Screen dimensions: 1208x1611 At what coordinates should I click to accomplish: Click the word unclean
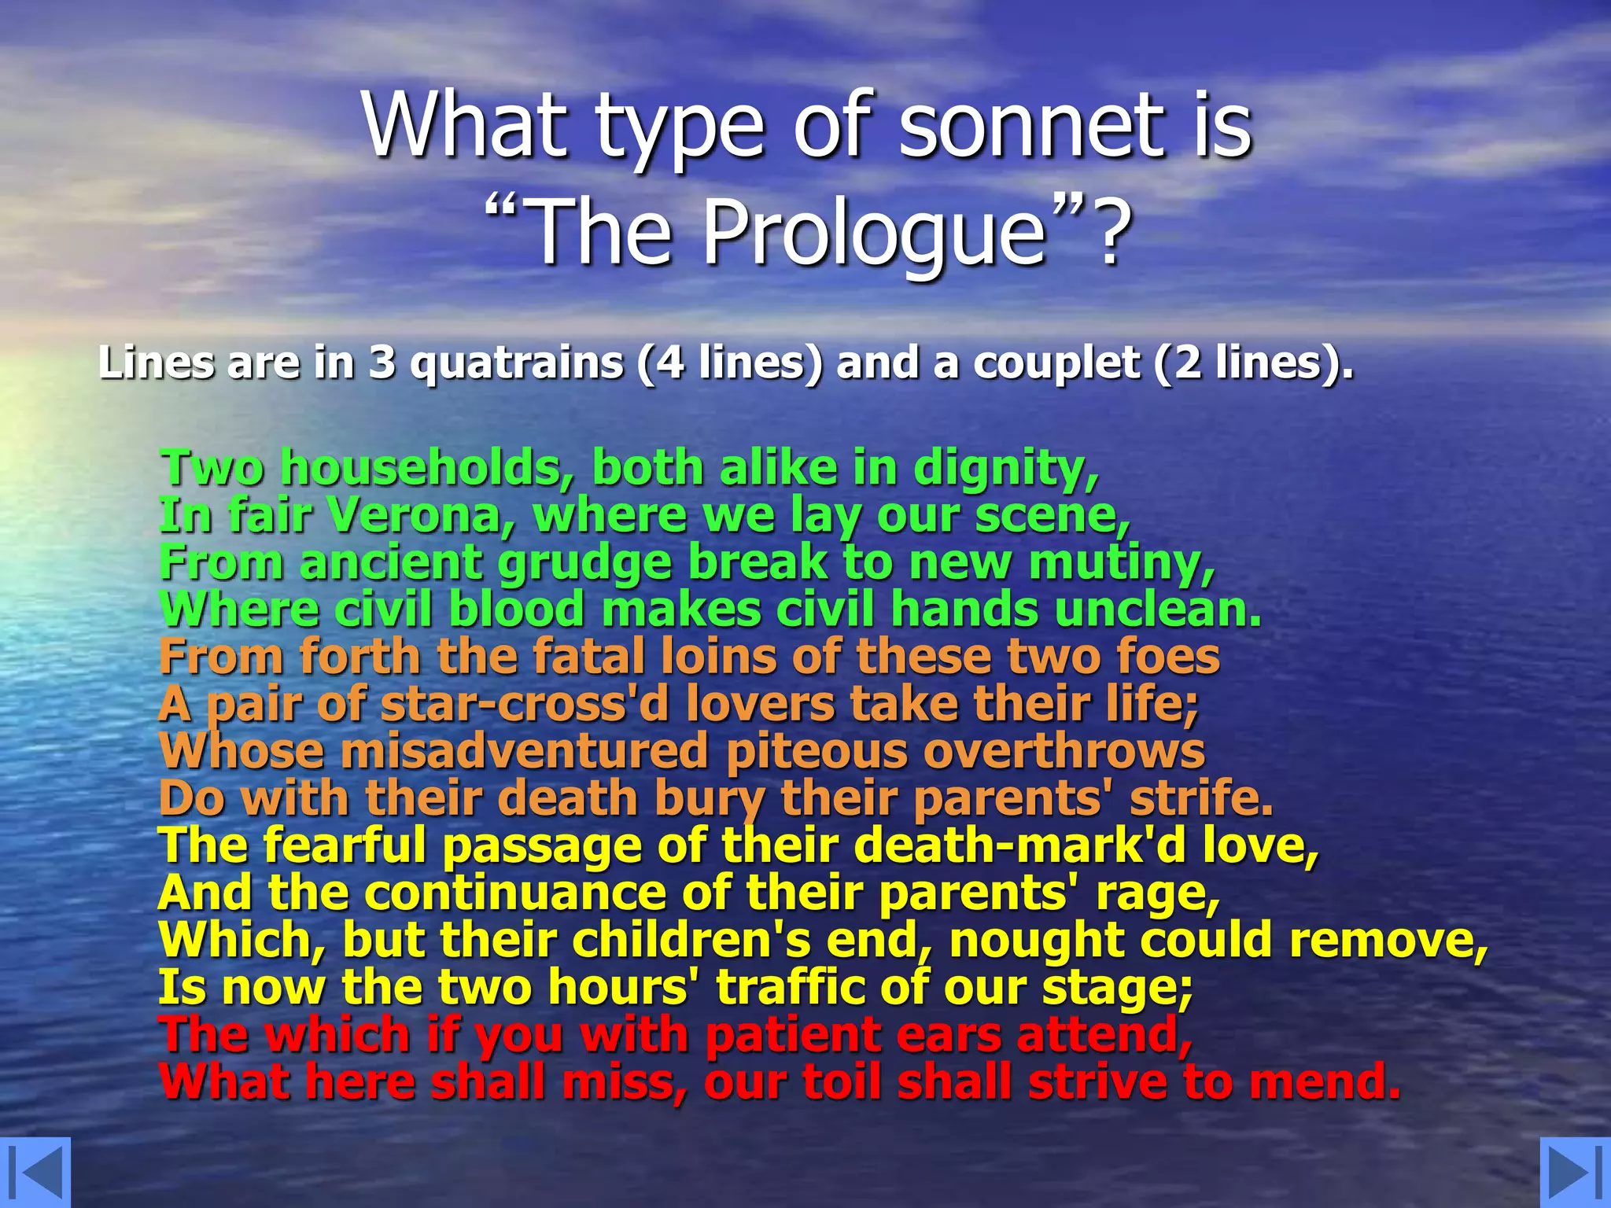coord(1157,610)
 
